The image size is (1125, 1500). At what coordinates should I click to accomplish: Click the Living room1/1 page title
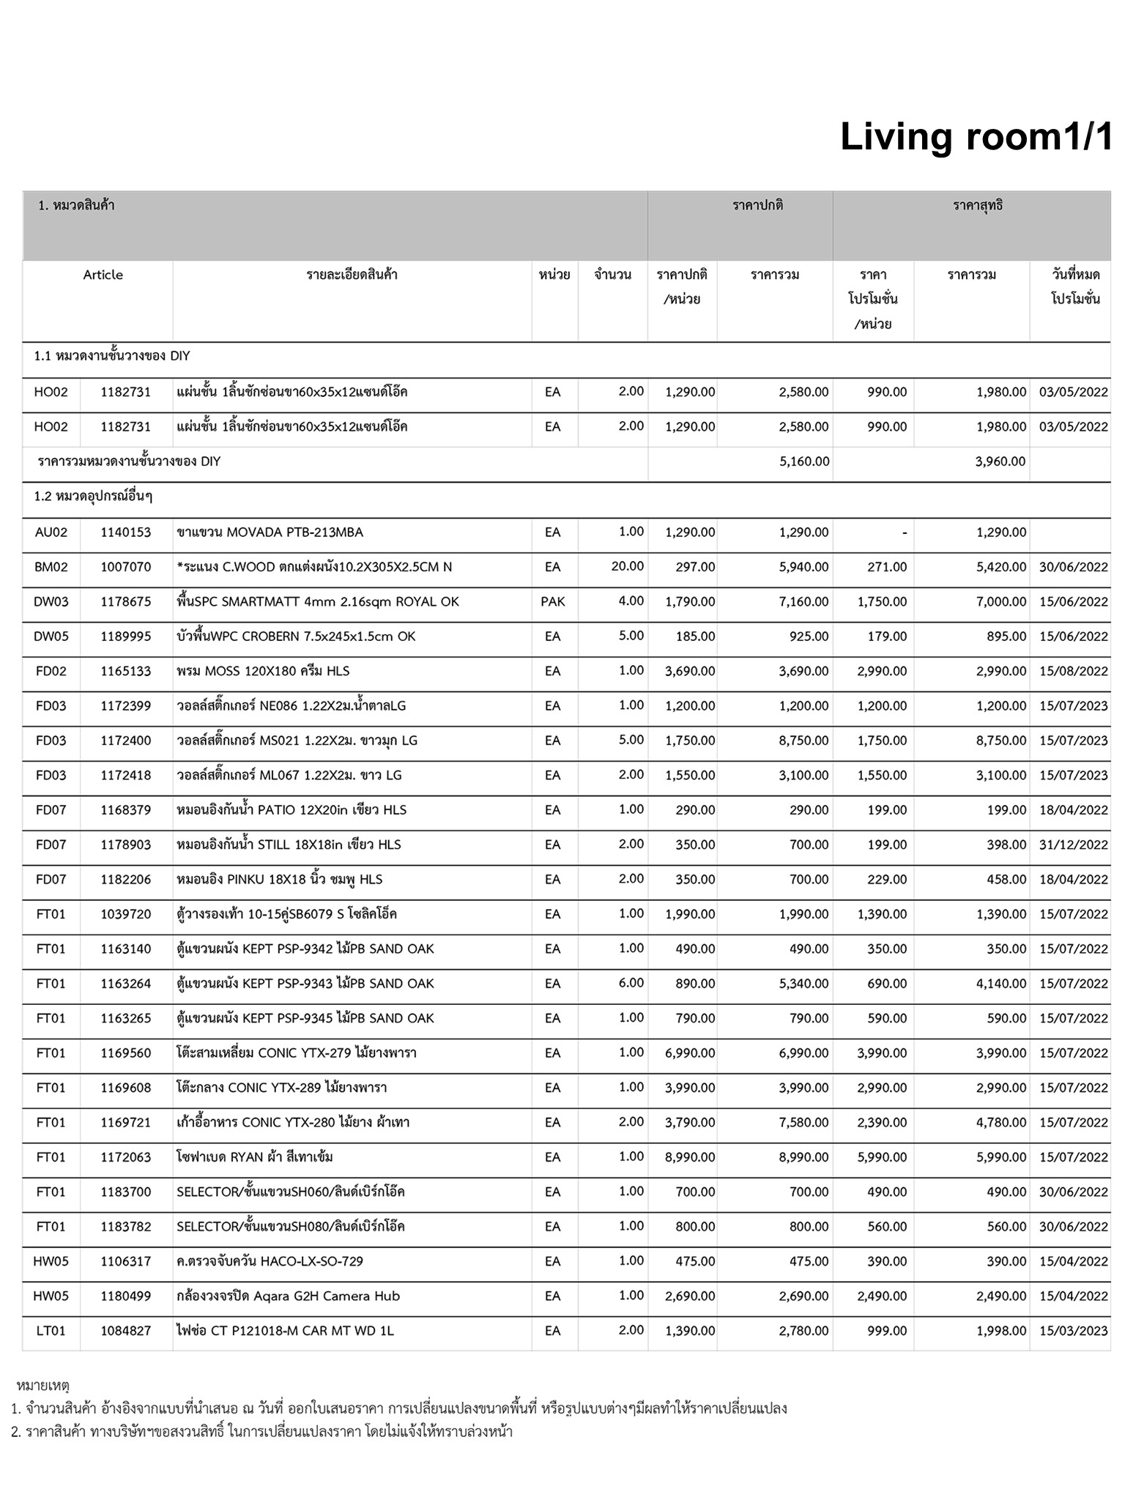pos(976,137)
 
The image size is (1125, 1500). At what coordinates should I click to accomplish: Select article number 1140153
pos(126,532)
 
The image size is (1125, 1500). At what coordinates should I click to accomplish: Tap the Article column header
pos(103,275)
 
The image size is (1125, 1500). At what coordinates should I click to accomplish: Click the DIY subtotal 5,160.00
pos(804,461)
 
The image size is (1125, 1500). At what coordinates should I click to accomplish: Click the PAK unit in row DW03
pos(552,601)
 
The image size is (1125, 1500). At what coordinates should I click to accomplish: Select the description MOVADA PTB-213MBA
pos(270,532)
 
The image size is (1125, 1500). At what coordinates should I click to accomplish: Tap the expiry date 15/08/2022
pos(1073,671)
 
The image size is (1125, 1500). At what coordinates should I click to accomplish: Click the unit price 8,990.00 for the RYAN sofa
pos(690,1157)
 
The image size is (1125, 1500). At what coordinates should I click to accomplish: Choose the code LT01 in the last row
pos(51,1331)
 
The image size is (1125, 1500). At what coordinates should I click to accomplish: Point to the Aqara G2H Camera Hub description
pos(288,1296)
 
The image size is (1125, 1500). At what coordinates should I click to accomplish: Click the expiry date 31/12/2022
pos(1073,844)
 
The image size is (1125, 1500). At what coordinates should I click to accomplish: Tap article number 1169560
pos(126,1053)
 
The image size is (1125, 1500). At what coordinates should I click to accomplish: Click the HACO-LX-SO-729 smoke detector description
pos(270,1261)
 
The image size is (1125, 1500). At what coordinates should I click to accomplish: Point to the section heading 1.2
pos(93,497)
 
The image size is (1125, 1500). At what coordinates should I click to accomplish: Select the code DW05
pos(51,636)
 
